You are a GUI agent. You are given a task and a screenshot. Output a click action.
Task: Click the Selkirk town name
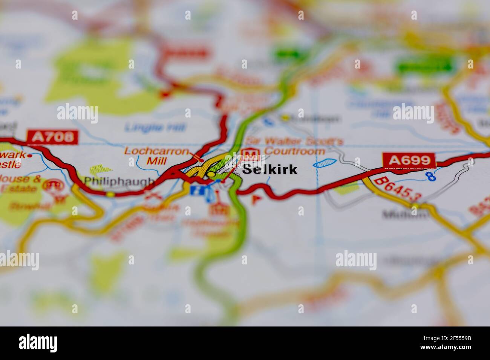point(269,169)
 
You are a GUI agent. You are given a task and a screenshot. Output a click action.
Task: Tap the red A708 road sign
point(52,137)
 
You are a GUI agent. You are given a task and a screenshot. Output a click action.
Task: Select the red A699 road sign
point(409,160)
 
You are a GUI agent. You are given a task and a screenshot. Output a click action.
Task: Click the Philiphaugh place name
point(119,181)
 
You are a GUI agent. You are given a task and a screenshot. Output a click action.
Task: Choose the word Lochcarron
point(156,151)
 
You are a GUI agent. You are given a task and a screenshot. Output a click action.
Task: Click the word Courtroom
point(294,151)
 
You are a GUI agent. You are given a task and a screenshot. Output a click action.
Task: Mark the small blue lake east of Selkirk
point(325,163)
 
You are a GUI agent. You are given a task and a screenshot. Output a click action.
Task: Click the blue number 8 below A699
point(430,175)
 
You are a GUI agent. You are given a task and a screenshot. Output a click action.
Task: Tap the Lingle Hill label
point(155,128)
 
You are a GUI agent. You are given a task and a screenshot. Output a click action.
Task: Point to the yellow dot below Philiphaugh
point(110,194)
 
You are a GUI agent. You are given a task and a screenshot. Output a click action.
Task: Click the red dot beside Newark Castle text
point(30,155)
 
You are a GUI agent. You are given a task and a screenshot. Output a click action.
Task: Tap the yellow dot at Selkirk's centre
point(211,174)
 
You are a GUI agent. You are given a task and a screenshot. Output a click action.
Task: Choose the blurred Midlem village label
point(405,215)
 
